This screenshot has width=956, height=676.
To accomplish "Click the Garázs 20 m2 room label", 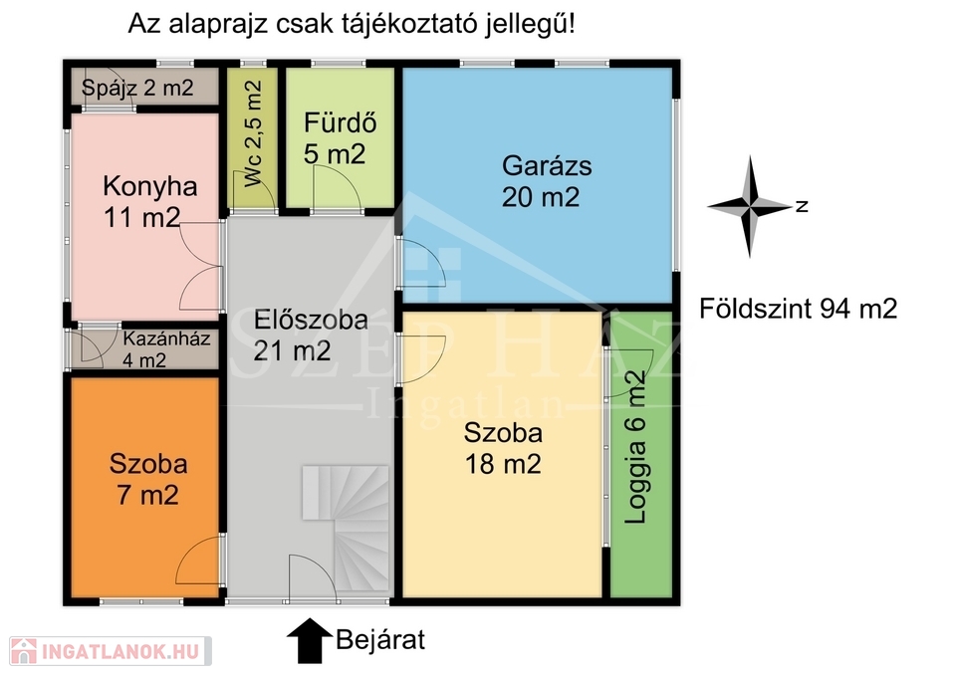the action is tap(547, 181).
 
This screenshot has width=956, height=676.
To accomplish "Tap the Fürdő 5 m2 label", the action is tap(341, 138).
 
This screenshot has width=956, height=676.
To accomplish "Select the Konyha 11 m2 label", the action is tap(150, 202).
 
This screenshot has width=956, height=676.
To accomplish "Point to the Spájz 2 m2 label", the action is tap(137, 88).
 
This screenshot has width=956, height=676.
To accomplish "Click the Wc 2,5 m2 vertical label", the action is tap(252, 133).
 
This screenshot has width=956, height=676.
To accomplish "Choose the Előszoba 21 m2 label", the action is tap(311, 336).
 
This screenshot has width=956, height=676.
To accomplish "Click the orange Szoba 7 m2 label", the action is tap(148, 479).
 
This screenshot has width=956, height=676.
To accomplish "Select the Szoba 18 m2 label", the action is tap(503, 449).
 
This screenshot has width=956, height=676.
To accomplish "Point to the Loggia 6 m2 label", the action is tap(635, 447).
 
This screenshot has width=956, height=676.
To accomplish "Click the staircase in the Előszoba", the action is tap(346, 528).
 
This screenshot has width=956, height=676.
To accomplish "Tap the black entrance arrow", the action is tap(310, 640).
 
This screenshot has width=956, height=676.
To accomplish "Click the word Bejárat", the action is tap(380, 640).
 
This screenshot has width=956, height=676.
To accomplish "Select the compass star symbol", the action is tap(749, 207).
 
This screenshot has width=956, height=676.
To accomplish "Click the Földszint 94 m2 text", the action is tap(798, 309).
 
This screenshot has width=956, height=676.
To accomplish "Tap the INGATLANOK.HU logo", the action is tap(110, 652).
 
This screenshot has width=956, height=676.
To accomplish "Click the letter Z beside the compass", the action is tap(803, 206).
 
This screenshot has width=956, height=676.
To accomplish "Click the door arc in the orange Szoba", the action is tap(197, 560).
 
